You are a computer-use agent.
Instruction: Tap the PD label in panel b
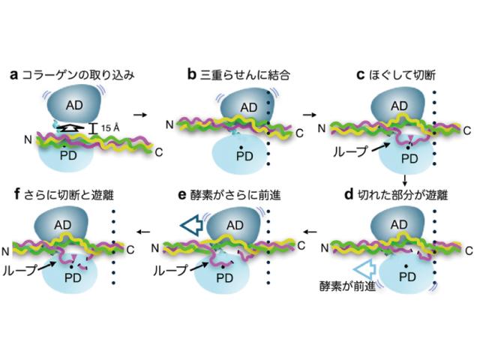[244, 156]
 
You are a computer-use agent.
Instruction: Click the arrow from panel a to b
[139, 115]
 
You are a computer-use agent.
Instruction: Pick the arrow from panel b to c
[308, 115]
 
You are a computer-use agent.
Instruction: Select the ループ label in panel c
[351, 151]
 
